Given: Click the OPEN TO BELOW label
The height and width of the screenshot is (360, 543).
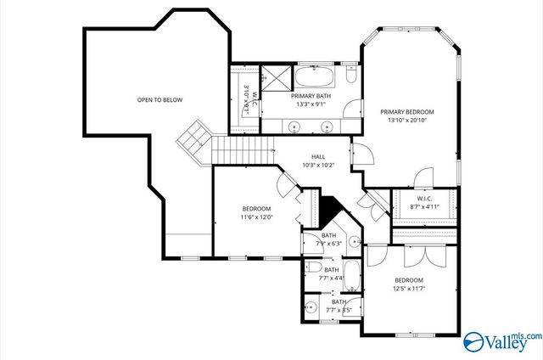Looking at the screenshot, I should pos(160,100).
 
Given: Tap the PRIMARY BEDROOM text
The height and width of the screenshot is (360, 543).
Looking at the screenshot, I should pos(406,112).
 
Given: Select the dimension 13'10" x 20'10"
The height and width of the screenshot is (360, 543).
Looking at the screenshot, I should pos(406,121).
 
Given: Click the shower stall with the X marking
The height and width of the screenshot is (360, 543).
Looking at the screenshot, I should pos(274,78).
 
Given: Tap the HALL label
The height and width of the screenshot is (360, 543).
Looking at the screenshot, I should pos(318,156).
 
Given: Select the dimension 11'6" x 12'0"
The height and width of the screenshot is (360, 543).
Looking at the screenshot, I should pos(256,217).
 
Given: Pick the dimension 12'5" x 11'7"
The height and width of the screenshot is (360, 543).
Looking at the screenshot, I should pos(408,289).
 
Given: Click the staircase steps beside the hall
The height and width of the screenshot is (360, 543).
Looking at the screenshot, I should pos(242,150).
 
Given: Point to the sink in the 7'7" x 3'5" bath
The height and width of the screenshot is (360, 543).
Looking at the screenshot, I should pos(311,306).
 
